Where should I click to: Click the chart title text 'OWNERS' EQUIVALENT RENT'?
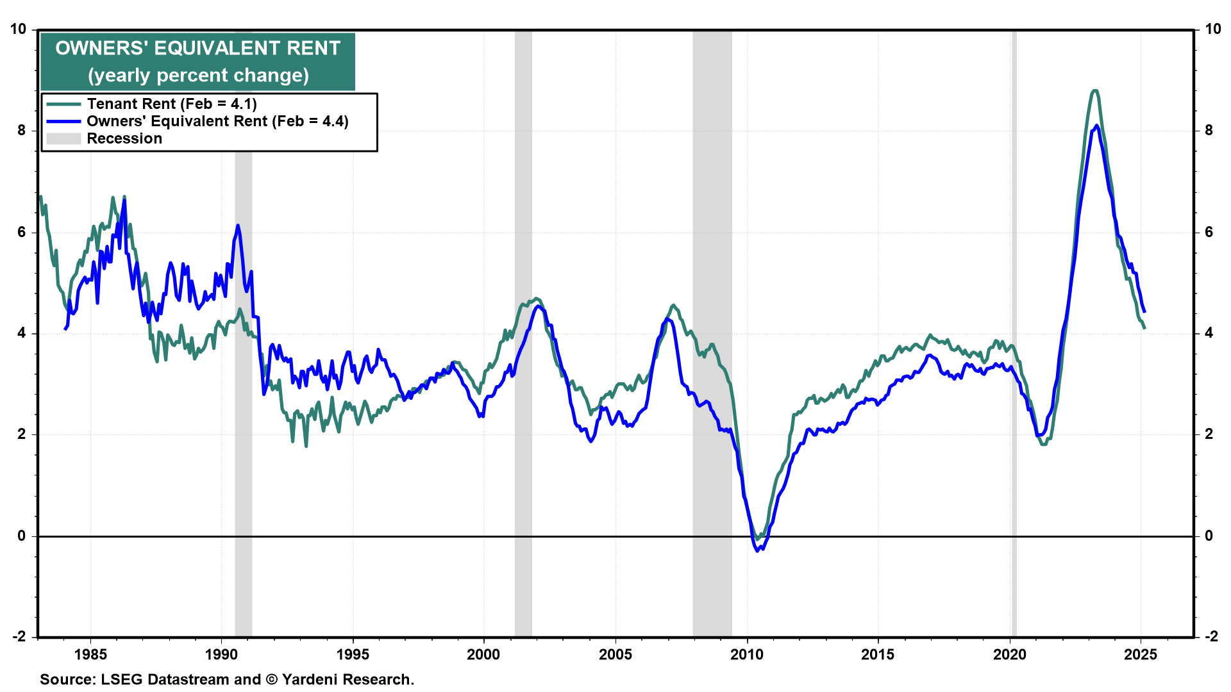[197, 48]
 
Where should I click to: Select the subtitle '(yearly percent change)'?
[198, 76]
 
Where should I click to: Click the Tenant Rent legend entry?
[172, 104]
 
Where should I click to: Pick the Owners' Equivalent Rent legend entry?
[217, 121]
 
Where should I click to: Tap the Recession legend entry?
[124, 138]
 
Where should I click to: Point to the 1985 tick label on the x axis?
[90, 654]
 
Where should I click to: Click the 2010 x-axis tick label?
[747, 654]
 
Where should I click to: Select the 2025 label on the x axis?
[1141, 654]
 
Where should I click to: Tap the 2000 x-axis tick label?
[483, 654]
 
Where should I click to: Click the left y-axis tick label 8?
[22, 130]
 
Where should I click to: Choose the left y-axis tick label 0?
[22, 536]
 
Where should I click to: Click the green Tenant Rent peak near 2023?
[1094, 91]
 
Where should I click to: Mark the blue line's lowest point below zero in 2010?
[757, 550]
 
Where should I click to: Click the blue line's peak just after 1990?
[238, 225]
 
